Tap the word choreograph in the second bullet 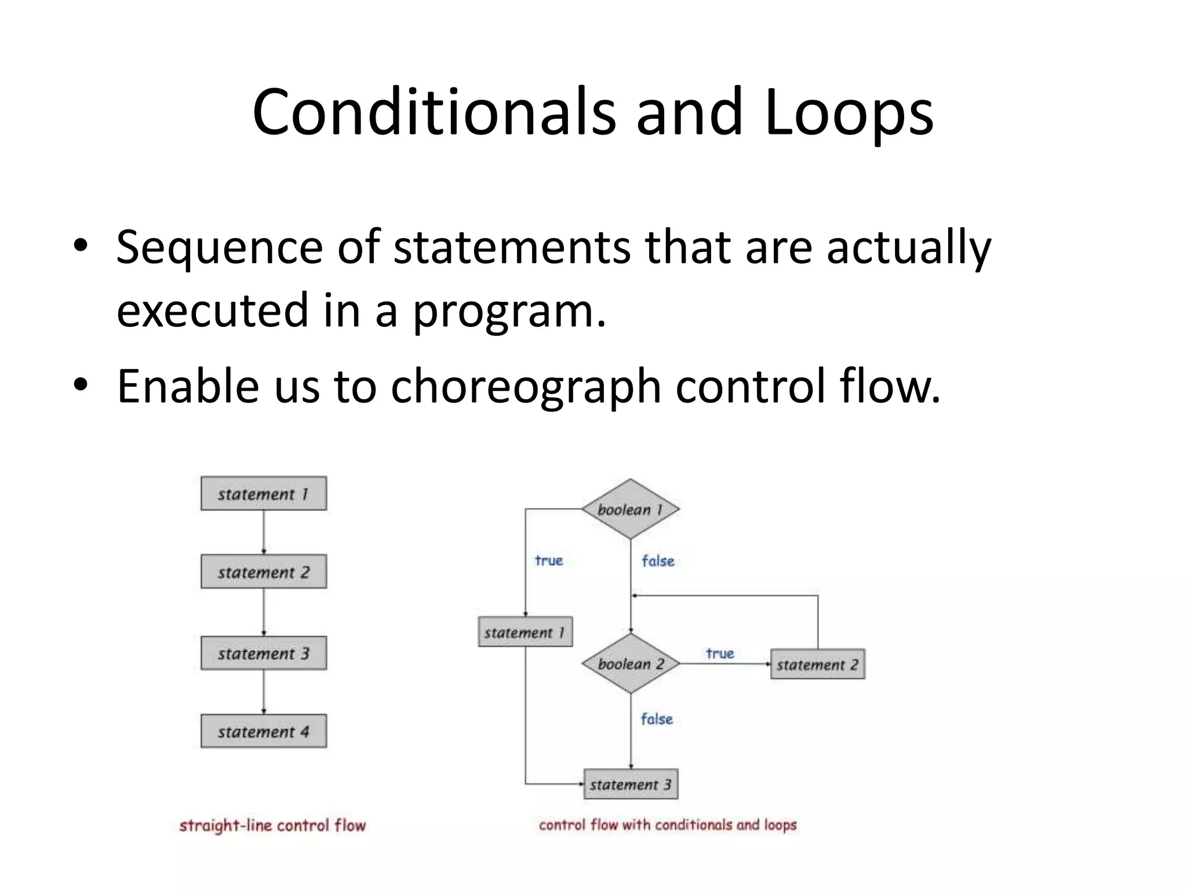(x=526, y=386)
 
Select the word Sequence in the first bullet (x=219, y=247)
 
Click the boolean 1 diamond (x=631, y=509)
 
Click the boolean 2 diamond (x=631, y=663)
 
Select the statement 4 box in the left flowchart (x=264, y=731)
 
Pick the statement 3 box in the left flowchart (x=264, y=653)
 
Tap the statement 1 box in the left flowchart (x=264, y=494)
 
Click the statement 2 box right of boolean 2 (x=817, y=664)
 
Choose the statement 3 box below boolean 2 (x=631, y=784)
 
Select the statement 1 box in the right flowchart (x=525, y=632)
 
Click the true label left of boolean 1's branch (x=548, y=560)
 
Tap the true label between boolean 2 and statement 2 (x=720, y=654)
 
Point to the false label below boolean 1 (x=658, y=561)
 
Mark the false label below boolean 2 (x=657, y=719)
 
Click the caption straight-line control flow (x=272, y=825)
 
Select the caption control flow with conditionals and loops (x=668, y=825)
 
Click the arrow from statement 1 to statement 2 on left (x=264, y=532)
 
